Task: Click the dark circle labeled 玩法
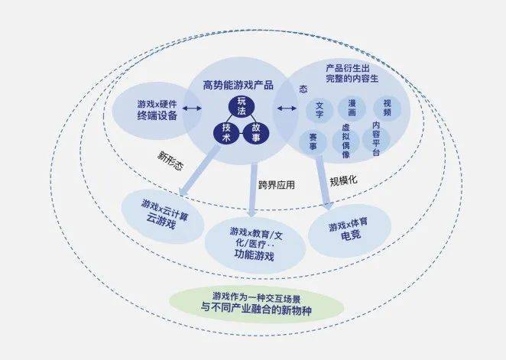click(242, 106)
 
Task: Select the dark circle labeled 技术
click(226, 132)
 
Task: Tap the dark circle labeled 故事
click(256, 132)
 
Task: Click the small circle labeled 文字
click(319, 109)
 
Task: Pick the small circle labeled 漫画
click(352, 108)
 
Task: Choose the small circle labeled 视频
click(387, 108)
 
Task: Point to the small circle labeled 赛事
click(313, 142)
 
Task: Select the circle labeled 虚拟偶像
click(346, 141)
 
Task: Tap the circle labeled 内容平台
click(376, 138)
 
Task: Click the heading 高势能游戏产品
click(238, 85)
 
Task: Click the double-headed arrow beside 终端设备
click(193, 109)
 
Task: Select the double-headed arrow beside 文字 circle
click(287, 109)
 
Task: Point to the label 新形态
click(170, 161)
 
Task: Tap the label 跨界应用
click(277, 185)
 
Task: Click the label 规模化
click(344, 180)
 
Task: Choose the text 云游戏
click(161, 221)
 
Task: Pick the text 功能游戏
click(255, 255)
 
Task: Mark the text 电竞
click(351, 235)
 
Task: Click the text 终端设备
click(157, 115)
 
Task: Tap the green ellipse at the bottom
click(256, 305)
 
